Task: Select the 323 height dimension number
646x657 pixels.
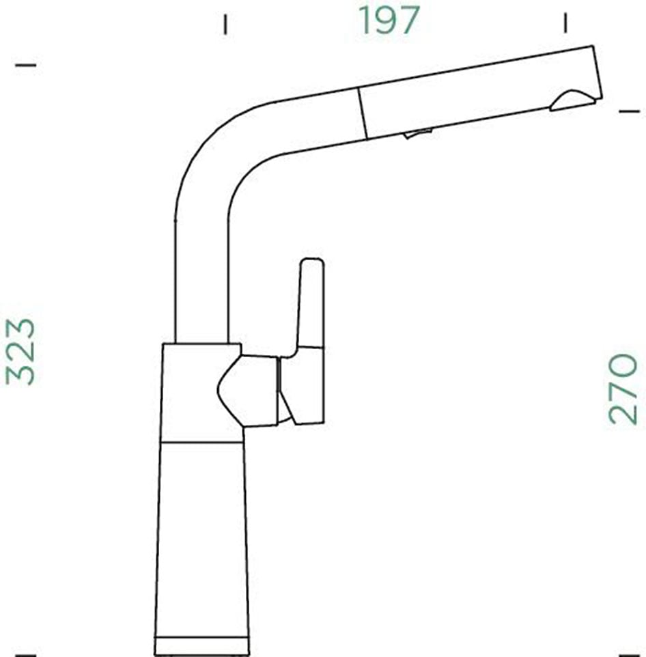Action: coord(20,351)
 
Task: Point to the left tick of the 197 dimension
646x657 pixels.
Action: coord(225,25)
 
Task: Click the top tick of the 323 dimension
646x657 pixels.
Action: coord(25,65)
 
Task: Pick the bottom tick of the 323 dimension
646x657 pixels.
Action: coord(25,654)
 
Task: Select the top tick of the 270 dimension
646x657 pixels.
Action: coord(628,110)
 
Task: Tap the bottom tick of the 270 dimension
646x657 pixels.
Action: coord(628,654)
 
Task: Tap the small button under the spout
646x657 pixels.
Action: coord(418,133)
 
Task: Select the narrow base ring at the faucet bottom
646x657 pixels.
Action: coord(202,645)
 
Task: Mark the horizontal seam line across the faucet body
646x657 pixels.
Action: coord(201,442)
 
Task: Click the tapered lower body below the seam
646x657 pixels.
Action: coord(201,540)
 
